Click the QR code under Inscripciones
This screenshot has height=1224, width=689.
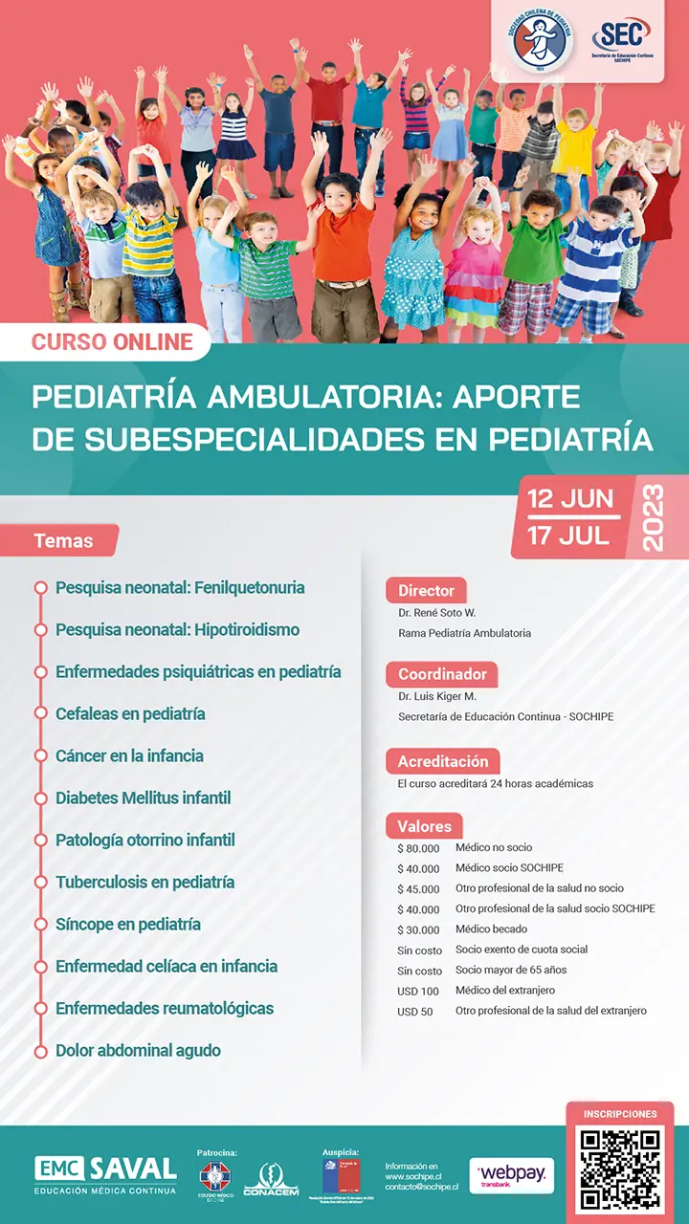621,1169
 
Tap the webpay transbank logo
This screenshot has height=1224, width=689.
511,1175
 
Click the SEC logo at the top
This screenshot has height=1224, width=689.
621,42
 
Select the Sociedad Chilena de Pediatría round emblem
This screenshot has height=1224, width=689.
542,43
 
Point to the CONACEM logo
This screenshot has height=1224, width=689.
271,1180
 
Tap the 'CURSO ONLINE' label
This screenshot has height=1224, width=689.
112,341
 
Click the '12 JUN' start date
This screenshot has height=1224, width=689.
571,499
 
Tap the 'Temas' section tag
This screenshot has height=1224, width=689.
63,540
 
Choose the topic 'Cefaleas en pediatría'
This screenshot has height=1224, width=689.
130,713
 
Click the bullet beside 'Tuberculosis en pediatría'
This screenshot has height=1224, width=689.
40,882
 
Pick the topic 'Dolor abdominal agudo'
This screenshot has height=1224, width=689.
138,1050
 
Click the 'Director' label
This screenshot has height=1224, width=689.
426,590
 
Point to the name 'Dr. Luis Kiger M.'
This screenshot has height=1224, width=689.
437,696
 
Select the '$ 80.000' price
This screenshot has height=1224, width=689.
418,848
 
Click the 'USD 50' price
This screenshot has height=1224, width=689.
415,1012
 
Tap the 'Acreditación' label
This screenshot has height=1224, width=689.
443,761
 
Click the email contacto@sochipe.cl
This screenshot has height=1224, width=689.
421,1187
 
